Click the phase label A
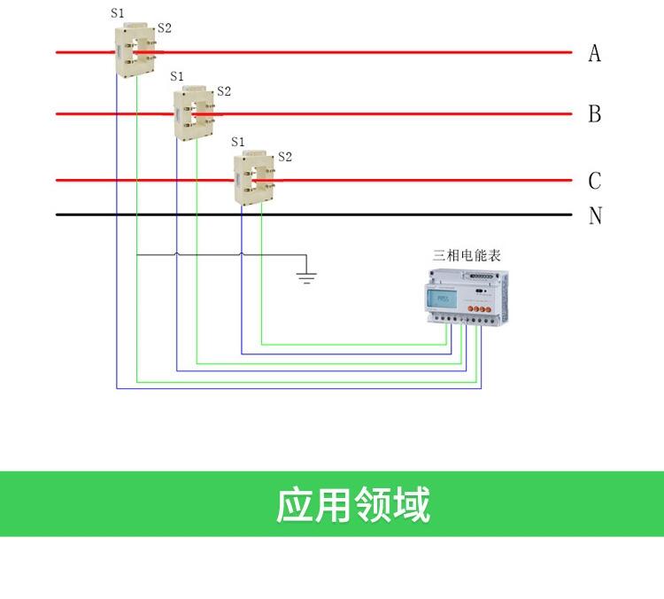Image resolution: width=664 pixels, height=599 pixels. pos(594,54)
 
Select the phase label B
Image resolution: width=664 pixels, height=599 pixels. pos(594,114)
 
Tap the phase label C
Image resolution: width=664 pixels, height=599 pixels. pos(594,181)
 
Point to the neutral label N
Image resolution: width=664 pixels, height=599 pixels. pos(595,215)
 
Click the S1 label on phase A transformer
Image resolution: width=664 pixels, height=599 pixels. pos(118,13)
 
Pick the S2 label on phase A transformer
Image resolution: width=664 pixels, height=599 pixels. pos(164,28)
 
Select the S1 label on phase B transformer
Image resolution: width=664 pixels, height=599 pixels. pos(177,76)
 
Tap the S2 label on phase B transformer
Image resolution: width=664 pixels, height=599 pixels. pos(224,90)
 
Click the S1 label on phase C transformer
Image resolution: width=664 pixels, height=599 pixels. pos(237,142)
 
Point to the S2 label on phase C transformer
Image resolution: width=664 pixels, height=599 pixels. pos(284,157)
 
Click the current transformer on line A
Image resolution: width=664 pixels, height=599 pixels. pos(135,52)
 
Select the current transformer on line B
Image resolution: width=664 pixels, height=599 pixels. pos(195,113)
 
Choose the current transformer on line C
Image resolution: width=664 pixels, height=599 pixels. pos(255,179)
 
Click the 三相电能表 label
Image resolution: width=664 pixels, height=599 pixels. pos(467,255)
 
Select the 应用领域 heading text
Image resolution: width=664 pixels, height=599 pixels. pos(352,504)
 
